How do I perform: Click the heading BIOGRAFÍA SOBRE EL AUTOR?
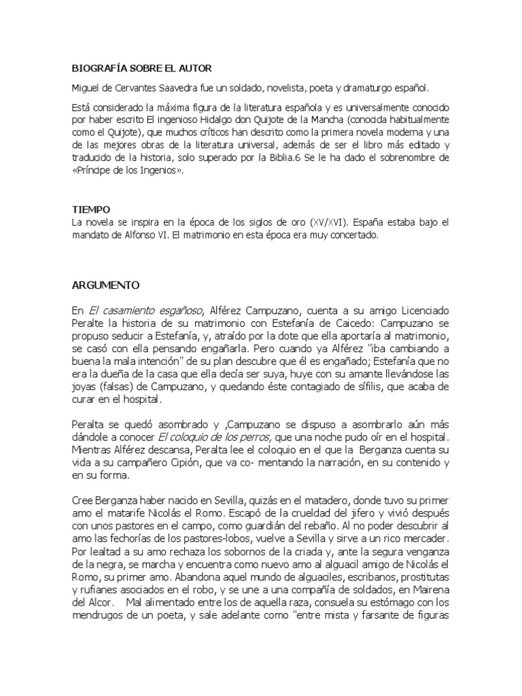click(x=142, y=69)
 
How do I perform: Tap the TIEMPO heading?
click(x=91, y=209)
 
